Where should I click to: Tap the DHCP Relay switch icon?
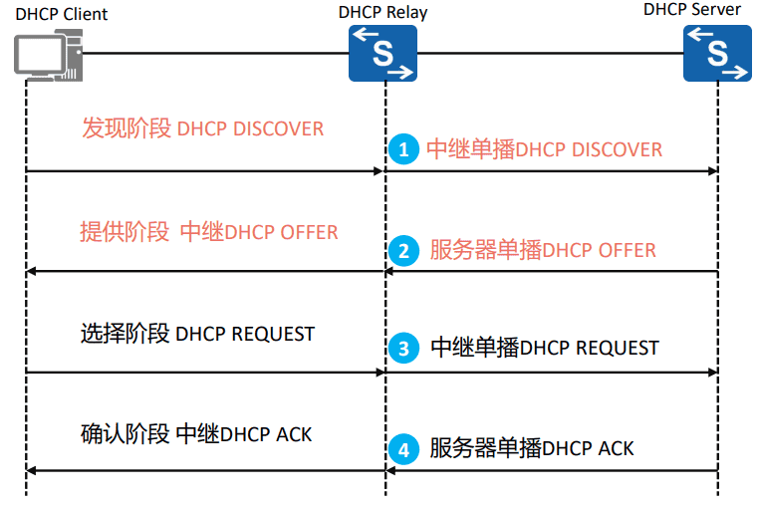(382, 54)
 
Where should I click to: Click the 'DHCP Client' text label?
(62, 14)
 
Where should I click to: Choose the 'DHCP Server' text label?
(692, 9)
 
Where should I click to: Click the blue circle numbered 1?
(402, 149)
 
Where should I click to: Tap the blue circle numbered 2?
(402, 249)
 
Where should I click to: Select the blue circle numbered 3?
(402, 349)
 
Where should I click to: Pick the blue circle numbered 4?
(402, 449)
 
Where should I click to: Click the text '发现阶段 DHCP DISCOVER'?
(203, 129)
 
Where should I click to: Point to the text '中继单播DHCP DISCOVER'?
(544, 149)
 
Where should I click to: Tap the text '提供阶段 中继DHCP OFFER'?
(209, 232)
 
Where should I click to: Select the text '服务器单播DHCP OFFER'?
(543, 249)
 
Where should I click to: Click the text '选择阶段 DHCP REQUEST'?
(197, 334)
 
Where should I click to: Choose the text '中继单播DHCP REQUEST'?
(545, 349)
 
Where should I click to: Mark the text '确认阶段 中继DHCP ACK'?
(196, 434)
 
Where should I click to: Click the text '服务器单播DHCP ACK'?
(532, 448)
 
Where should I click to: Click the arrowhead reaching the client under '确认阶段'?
(32, 470)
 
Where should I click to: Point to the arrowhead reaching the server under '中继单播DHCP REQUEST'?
(712, 372)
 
